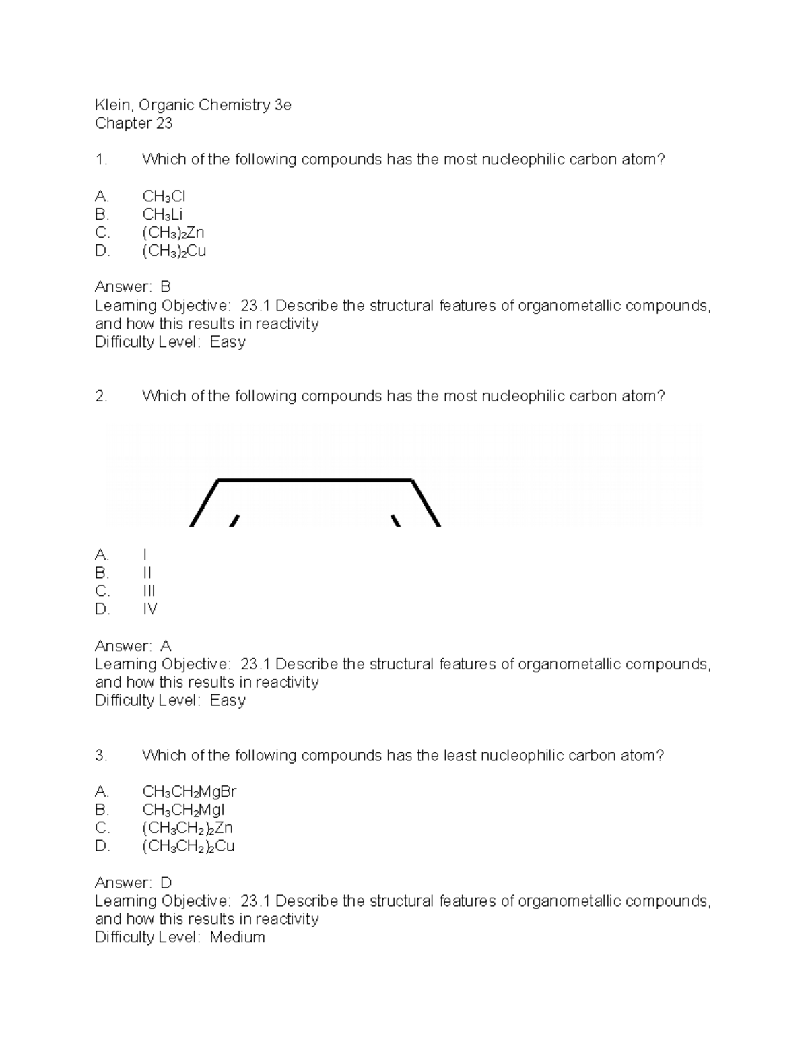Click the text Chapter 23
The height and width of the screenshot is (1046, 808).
point(133,123)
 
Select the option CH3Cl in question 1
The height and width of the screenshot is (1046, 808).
point(164,197)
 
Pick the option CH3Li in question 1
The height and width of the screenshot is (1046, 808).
point(162,215)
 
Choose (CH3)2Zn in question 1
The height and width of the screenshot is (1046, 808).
point(173,233)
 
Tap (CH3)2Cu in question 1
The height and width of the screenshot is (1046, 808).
point(174,251)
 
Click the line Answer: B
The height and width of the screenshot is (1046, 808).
point(133,288)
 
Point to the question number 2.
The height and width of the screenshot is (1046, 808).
point(101,396)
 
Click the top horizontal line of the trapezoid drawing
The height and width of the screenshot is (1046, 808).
point(315,480)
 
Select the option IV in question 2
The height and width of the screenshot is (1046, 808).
point(149,610)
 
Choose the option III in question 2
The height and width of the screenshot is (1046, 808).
point(149,591)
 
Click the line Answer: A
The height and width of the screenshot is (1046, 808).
point(133,647)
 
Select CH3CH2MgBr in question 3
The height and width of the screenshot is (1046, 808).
point(189,791)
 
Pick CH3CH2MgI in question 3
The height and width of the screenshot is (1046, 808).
point(183,810)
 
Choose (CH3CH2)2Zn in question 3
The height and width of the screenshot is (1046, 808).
point(187,828)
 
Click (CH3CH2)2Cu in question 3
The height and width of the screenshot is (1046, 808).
point(188,846)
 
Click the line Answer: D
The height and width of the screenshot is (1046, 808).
point(133,883)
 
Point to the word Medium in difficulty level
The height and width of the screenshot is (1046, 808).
point(237,938)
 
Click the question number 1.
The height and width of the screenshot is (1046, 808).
point(101,160)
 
